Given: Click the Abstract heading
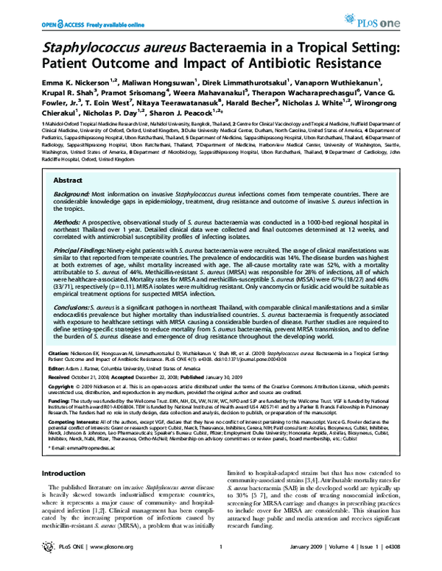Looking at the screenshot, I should (x=68, y=180).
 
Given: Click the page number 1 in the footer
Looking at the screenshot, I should (x=220, y=557).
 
